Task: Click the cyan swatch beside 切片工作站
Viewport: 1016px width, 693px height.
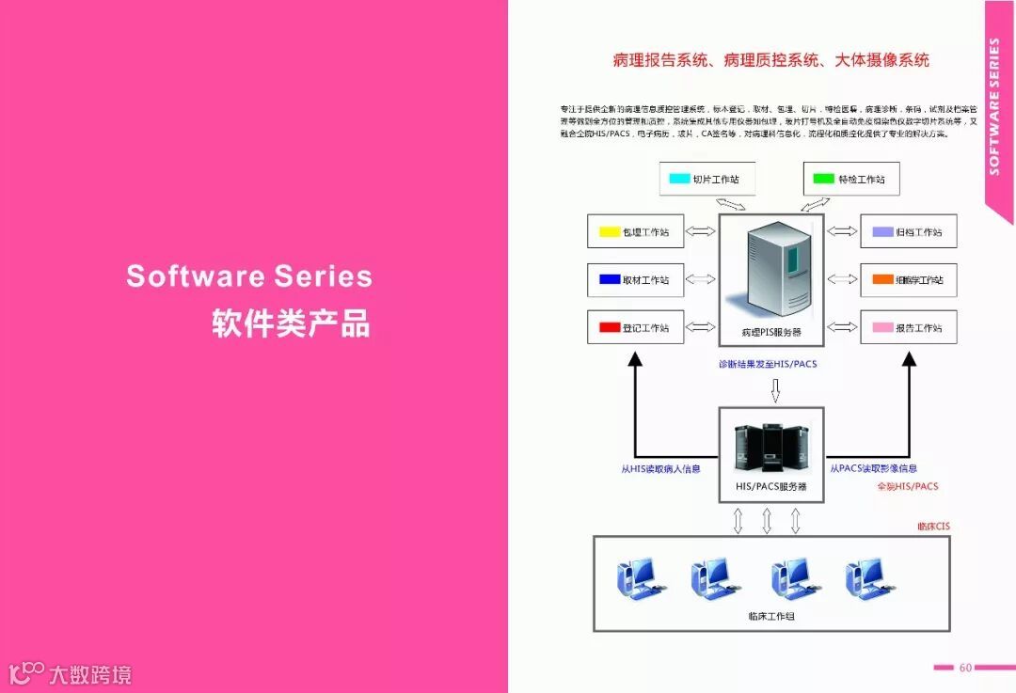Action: [x=679, y=179]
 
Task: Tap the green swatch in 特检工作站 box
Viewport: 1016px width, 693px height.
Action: [x=824, y=179]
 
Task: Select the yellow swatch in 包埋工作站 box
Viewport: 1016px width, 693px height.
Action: [x=609, y=231]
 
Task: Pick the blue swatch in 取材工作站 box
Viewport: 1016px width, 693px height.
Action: [x=609, y=279]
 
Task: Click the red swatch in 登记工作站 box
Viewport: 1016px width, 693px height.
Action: [x=609, y=327]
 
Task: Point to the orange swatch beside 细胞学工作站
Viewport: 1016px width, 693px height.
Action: [x=881, y=279]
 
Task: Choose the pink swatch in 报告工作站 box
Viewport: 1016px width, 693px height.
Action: [x=881, y=327]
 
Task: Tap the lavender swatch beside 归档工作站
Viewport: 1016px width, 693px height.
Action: [x=881, y=231]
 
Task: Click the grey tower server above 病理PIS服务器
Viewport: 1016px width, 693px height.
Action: [x=777, y=269]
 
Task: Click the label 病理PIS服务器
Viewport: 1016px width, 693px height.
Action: [x=771, y=333]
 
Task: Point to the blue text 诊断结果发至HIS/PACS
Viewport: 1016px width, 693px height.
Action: [x=768, y=364]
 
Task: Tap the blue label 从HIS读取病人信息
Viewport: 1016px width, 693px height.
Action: [x=660, y=468]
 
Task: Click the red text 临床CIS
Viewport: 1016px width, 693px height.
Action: [x=934, y=526]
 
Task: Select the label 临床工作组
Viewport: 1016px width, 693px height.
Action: [x=771, y=616]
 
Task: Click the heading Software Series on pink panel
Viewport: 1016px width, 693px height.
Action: [x=249, y=276]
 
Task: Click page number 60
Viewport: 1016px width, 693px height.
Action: [x=965, y=668]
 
